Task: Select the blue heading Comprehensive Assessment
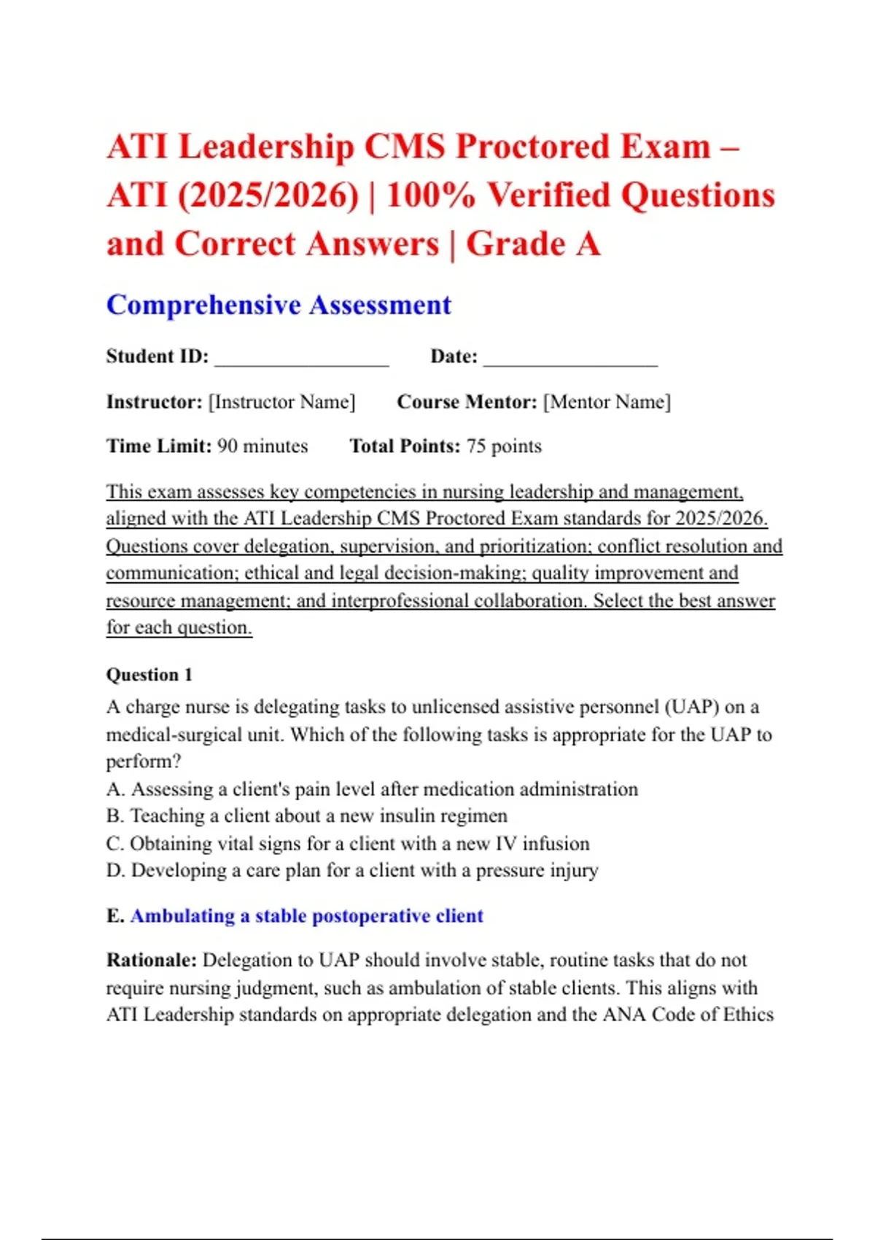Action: (279, 305)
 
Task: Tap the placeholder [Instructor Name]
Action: (282, 402)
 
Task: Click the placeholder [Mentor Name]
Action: (607, 402)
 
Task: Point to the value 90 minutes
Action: (262, 446)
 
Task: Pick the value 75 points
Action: (504, 446)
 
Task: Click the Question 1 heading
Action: (149, 675)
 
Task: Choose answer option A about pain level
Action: (372, 789)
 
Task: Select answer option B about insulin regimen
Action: (307, 815)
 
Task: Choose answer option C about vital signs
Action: (348, 843)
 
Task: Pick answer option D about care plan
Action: (352, 870)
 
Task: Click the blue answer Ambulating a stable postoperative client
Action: (306, 915)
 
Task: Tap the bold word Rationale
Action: (151, 960)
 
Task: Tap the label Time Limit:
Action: (159, 446)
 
